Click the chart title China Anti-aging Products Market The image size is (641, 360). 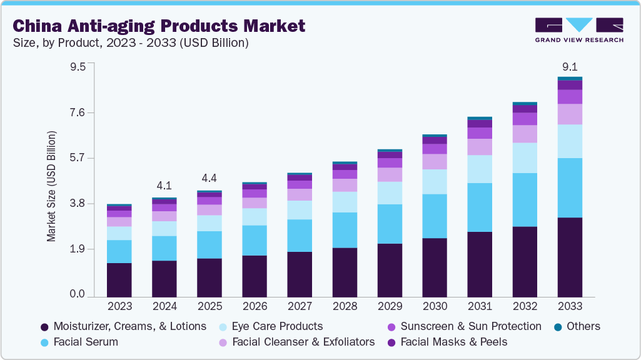click(x=159, y=26)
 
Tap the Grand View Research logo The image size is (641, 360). click(x=578, y=30)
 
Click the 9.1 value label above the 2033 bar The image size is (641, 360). click(x=569, y=67)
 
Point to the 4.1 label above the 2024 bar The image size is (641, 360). click(x=164, y=186)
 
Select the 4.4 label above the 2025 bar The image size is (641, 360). click(x=209, y=177)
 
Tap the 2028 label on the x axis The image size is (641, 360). click(x=345, y=306)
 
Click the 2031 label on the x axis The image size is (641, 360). click(x=480, y=306)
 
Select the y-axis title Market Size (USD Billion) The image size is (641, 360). click(x=51, y=186)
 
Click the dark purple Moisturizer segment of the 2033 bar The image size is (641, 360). click(x=570, y=256)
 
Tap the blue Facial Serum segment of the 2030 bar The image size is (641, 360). click(x=435, y=216)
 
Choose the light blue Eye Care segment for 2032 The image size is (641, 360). click(x=525, y=157)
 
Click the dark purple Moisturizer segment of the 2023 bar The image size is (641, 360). click(x=119, y=279)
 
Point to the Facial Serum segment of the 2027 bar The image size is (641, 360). click(x=300, y=235)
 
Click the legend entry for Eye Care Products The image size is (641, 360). click(x=277, y=326)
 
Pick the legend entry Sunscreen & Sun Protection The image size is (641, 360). click(x=470, y=326)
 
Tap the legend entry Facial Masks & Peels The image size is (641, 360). click(x=453, y=342)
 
